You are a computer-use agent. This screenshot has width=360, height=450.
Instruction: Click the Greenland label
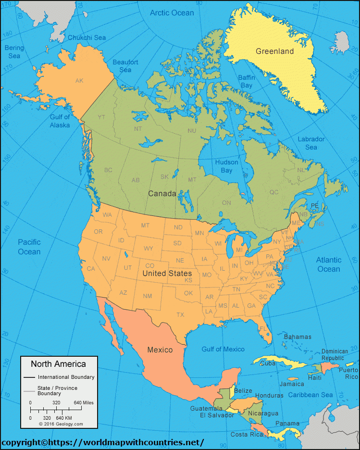tap(274, 51)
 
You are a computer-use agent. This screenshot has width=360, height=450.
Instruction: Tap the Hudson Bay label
tap(226, 166)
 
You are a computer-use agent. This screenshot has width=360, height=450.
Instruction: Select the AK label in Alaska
tap(79, 81)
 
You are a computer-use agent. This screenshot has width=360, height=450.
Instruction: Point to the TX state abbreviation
tap(180, 315)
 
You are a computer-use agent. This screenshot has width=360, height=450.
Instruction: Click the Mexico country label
tap(160, 350)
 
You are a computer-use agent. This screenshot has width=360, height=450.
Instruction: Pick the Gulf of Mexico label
tap(223, 350)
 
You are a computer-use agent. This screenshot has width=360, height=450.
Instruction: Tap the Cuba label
tap(268, 363)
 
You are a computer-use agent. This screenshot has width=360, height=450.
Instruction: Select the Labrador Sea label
tap(311, 143)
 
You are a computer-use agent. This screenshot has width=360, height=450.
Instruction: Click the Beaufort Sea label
tap(125, 66)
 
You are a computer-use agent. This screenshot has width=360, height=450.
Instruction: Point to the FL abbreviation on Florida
tap(263, 328)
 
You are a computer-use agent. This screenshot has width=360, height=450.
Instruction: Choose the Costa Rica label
tap(247, 434)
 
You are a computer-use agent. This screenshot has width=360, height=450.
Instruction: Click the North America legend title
tap(59, 364)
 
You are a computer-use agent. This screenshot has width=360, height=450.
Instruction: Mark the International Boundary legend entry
tap(66, 377)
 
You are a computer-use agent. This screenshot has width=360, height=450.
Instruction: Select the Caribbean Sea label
tap(310, 395)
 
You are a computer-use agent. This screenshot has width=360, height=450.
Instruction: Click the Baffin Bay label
tap(247, 81)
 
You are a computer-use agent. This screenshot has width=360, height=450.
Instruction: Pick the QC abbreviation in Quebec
tap(274, 192)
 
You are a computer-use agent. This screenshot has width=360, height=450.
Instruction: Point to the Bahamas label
tap(298, 337)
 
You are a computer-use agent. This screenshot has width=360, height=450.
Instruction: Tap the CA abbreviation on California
tap(90, 269)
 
